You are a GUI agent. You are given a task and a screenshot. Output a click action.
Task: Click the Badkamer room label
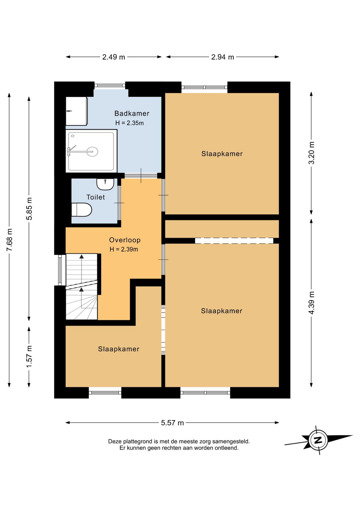pyautogui.click(x=132, y=113)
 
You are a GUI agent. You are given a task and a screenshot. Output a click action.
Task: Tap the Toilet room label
pyautogui.click(x=96, y=197)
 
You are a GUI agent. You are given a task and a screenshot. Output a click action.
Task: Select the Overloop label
pyautogui.click(x=125, y=240)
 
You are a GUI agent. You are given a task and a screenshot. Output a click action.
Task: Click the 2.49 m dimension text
pyautogui.click(x=114, y=57)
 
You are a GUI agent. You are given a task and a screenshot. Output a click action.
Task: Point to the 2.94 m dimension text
pyautogui.click(x=223, y=57)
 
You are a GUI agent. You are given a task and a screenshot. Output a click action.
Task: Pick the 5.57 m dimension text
pyautogui.click(x=172, y=423)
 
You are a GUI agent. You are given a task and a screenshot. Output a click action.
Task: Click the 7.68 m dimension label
pyautogui.click(x=10, y=240)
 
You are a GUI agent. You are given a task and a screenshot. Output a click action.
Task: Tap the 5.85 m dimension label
pyautogui.click(x=29, y=209)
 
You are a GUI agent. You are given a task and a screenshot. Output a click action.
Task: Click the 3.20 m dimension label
pyautogui.click(x=312, y=153)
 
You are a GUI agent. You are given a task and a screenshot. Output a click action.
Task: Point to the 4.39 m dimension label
pyautogui.click(x=312, y=303)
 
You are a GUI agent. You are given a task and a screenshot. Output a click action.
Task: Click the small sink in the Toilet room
pyautogui.click(x=105, y=184)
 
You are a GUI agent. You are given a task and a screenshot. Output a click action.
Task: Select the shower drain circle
pyautogui.click(x=92, y=151)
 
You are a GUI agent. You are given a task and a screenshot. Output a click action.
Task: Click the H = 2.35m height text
pyautogui.click(x=129, y=123)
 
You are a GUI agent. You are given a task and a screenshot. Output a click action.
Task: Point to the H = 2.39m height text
pyautogui.click(x=124, y=249)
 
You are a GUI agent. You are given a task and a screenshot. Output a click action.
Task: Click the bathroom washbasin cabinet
pyautogui.click(x=77, y=111)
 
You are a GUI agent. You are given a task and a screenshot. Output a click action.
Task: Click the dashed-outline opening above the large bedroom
pyautogui.click(x=234, y=240)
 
